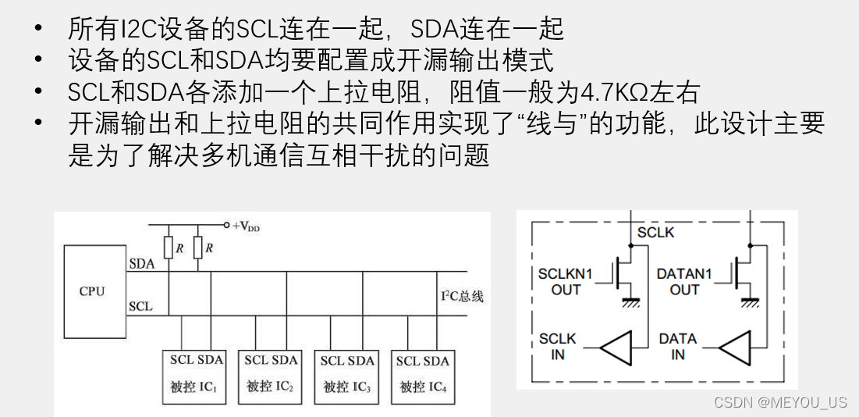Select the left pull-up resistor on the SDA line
(169, 248)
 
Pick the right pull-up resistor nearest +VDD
(198, 248)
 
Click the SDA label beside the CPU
(141, 264)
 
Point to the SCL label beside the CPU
(140, 306)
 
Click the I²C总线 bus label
(463, 297)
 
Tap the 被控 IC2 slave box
(270, 375)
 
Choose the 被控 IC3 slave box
(346, 376)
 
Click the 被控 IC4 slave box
(422, 376)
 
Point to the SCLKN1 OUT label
(566, 282)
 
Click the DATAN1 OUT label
(684, 282)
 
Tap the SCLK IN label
(557, 346)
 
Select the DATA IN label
(677, 346)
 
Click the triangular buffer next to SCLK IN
(616, 347)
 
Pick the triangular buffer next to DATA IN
(734, 347)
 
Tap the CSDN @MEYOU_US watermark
(781, 402)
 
